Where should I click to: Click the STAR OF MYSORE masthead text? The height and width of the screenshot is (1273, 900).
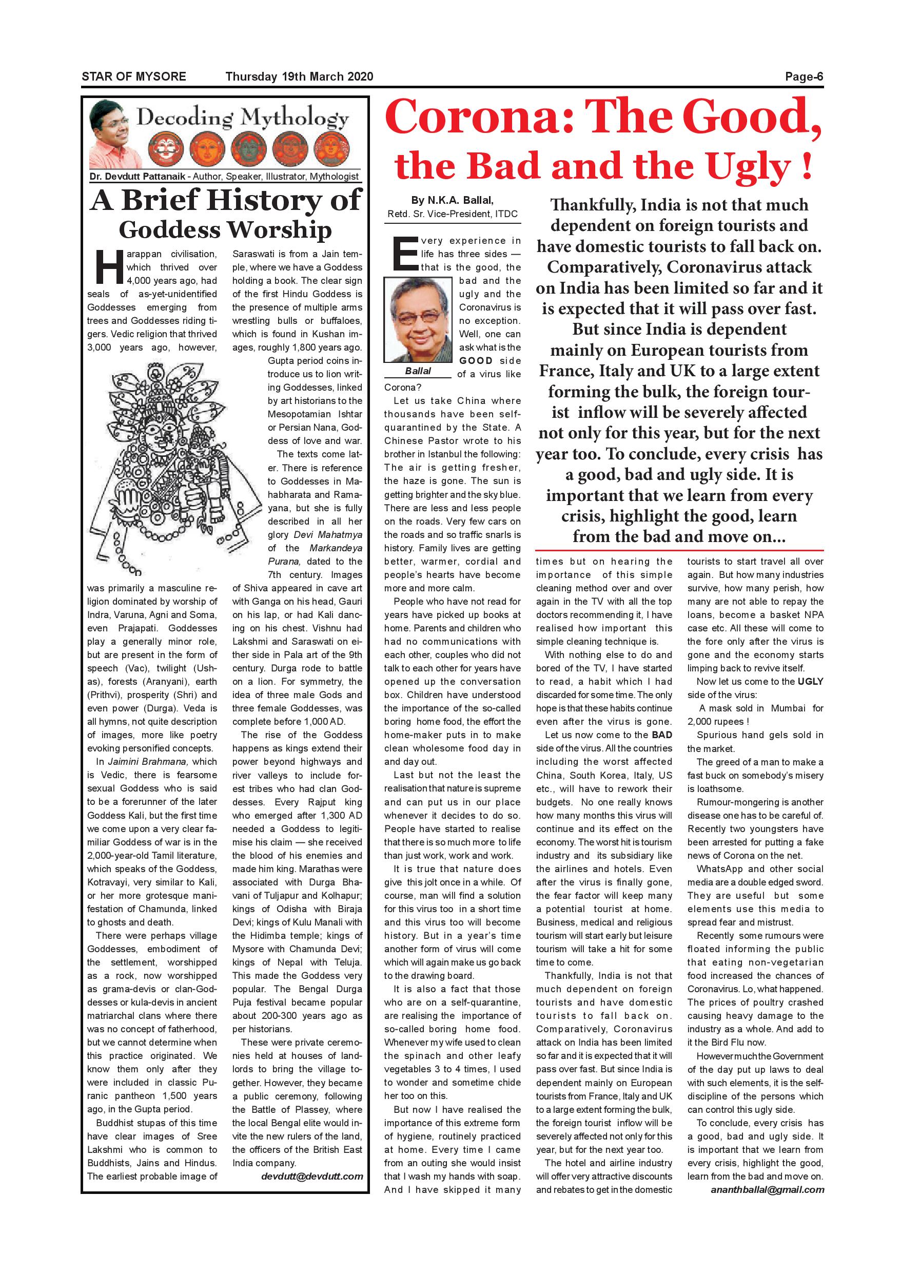tap(133, 76)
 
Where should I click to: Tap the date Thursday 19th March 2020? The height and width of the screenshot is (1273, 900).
tap(299, 76)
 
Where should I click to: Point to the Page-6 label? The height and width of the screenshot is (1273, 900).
tap(804, 77)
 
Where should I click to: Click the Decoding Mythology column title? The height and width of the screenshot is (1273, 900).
tap(243, 118)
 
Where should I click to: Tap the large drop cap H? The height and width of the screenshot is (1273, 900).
tap(108, 267)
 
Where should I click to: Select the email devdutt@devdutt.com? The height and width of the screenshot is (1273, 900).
tap(312, 1176)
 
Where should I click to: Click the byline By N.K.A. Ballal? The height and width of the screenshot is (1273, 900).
tap(452, 200)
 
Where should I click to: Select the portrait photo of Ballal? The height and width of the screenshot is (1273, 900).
tap(418, 320)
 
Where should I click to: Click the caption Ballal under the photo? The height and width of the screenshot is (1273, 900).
tap(418, 371)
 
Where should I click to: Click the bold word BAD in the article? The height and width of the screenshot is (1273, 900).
tap(662, 735)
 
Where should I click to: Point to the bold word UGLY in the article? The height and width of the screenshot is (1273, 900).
tap(810, 681)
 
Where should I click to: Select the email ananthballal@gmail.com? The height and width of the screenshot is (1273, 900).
tap(767, 1189)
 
